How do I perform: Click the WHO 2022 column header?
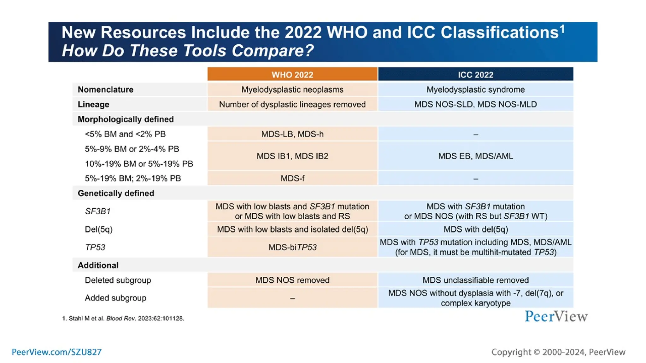click(292, 75)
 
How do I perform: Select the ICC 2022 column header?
click(475, 75)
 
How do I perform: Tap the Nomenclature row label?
click(106, 89)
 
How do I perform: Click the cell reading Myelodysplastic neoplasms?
click(292, 89)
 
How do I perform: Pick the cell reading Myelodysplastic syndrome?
click(475, 89)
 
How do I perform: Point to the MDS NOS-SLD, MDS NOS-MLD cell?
click(475, 104)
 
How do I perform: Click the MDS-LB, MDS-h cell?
click(292, 134)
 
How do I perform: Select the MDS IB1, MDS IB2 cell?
click(292, 156)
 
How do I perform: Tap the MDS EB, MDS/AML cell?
click(475, 156)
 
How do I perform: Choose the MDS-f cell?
click(292, 178)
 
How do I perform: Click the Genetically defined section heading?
click(116, 193)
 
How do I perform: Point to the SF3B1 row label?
click(97, 211)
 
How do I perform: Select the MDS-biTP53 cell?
click(292, 247)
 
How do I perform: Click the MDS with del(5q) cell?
click(475, 229)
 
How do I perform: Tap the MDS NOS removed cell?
click(292, 280)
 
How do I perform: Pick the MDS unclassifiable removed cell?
click(475, 280)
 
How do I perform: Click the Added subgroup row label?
click(115, 298)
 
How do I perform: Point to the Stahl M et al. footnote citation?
click(123, 318)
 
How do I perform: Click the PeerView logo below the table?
click(556, 316)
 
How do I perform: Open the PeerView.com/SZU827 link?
click(57, 352)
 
